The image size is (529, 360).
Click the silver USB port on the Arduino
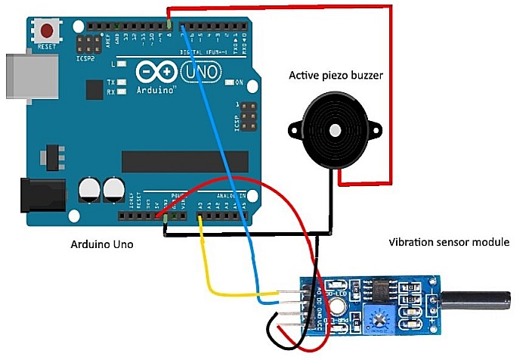30,76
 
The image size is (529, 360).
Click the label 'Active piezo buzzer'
336,75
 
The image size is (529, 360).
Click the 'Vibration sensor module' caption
449,243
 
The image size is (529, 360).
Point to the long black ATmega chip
184,161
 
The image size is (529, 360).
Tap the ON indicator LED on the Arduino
227,82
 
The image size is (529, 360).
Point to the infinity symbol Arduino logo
156,73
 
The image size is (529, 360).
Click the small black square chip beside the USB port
94,90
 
